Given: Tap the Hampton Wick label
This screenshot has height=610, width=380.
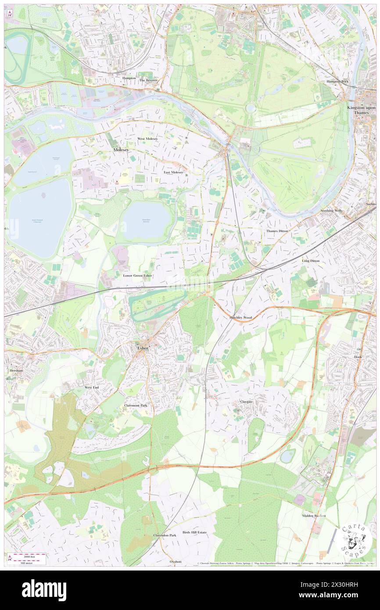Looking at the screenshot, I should [337, 82].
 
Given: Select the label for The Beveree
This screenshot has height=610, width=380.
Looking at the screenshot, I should [148, 81].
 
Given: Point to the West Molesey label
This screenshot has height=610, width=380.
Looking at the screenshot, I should [147, 139].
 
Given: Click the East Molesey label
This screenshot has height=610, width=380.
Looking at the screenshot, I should [173, 172].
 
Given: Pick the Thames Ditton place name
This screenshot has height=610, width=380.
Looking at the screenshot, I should [277, 231].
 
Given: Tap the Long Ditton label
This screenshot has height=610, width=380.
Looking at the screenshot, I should [311, 261].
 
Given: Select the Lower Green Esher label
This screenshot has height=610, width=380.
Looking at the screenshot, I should [137, 276].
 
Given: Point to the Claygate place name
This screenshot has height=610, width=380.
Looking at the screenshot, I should [247, 402].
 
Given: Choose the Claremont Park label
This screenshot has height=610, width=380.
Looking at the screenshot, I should [136, 405].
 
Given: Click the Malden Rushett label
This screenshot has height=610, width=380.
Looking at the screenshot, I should [314, 516].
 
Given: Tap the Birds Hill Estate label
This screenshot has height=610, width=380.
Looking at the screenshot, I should [194, 532].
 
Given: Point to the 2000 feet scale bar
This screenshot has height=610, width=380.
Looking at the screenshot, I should [28, 555].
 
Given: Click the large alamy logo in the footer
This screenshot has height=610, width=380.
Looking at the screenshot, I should [44, 590].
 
